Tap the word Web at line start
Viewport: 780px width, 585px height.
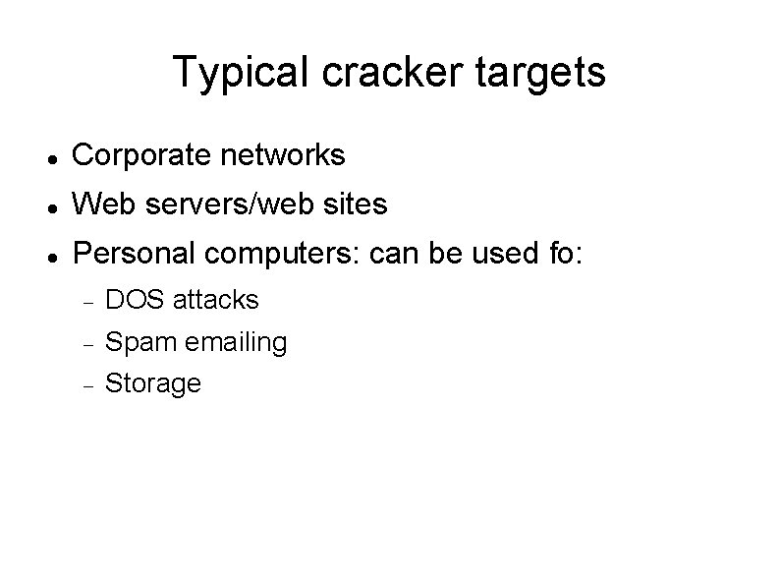(x=97, y=205)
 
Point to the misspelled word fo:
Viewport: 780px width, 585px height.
(x=563, y=255)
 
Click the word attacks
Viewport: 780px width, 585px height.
(x=216, y=298)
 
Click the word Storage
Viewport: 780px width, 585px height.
(x=152, y=382)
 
